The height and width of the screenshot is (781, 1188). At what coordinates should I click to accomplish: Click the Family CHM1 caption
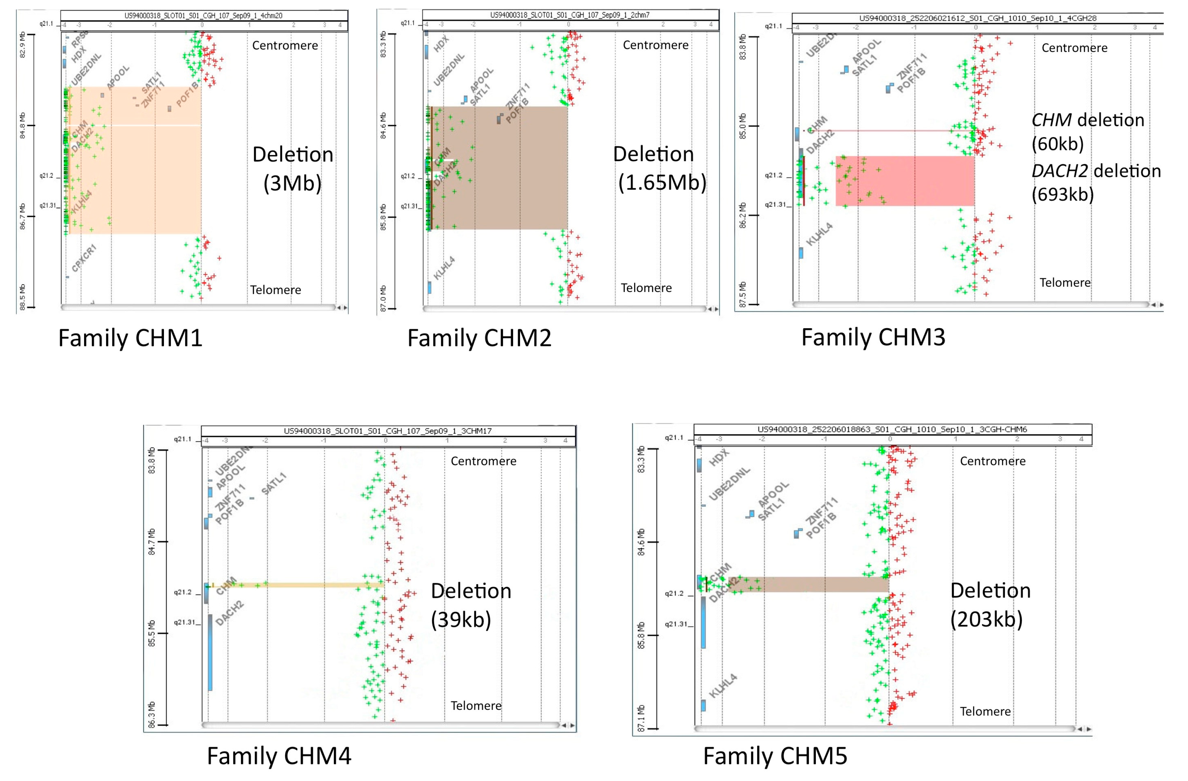[130, 338]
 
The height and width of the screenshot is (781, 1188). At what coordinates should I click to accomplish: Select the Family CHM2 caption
[479, 338]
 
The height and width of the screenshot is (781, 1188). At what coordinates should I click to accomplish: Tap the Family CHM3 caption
[873, 337]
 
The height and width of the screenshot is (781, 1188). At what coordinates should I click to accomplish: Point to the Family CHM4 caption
[279, 756]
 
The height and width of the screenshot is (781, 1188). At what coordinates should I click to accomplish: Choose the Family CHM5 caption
[775, 756]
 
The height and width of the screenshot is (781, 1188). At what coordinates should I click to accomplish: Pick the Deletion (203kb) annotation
[990, 604]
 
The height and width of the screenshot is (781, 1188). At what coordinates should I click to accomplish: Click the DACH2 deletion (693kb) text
[1096, 182]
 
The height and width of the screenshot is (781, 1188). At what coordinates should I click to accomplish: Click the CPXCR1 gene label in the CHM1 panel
[84, 258]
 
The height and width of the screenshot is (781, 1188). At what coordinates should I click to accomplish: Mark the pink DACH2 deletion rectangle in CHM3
[904, 181]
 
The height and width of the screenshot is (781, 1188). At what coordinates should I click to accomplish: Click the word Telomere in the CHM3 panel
[1065, 283]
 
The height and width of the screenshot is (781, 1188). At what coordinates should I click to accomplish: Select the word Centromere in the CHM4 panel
[483, 461]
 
